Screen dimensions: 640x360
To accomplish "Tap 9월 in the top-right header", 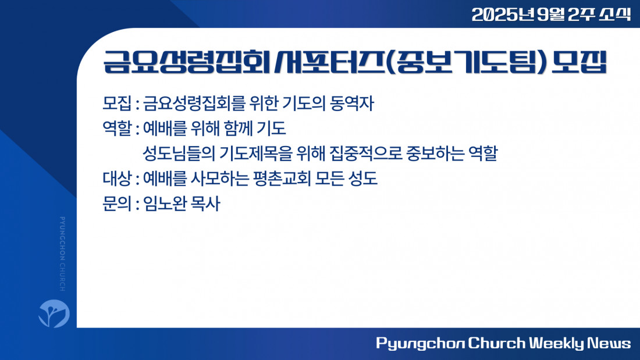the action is pyautogui.click(x=550, y=15).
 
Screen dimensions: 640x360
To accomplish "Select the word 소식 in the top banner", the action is pyautogui.click(x=615, y=15).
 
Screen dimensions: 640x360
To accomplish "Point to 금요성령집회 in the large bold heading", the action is pyautogui.click(x=187, y=62).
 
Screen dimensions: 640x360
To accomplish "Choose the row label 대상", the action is pyautogui.click(x=117, y=179).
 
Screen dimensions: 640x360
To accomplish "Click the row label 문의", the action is pyautogui.click(x=117, y=204).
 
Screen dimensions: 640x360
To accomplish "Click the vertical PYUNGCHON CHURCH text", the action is pyautogui.click(x=62, y=254).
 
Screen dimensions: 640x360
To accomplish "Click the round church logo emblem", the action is pyautogui.click(x=54, y=313).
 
